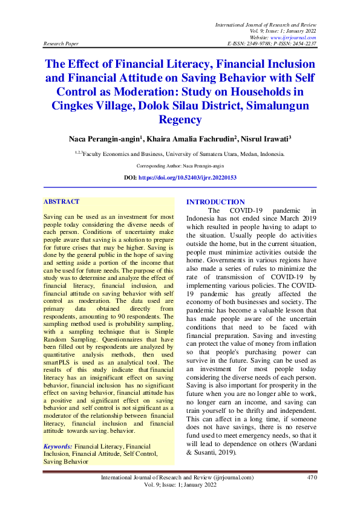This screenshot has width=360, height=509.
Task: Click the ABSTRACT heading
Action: tap(62, 201)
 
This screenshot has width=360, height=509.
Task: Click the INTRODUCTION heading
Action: tap(215, 202)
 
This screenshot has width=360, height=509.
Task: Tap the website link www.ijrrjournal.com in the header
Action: tap(296, 37)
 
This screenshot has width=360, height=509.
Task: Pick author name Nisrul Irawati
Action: tap(264, 139)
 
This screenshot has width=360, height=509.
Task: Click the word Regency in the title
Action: tap(180, 120)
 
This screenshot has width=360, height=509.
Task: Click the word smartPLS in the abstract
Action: tap(59, 362)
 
